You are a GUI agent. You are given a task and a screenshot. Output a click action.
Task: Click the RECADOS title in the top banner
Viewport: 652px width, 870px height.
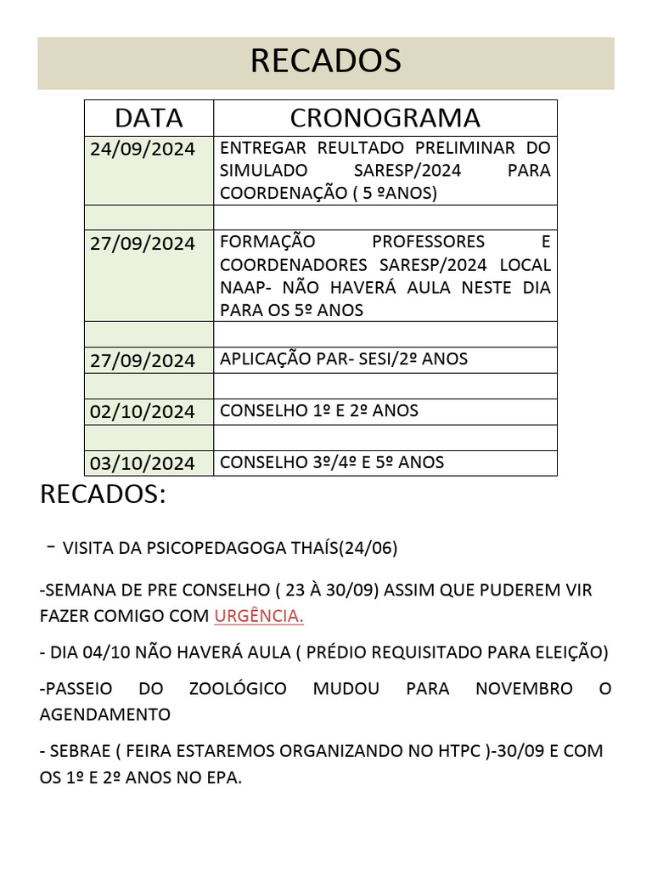(x=325, y=61)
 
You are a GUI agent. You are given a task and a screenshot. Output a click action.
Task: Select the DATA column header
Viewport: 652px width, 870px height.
(x=149, y=117)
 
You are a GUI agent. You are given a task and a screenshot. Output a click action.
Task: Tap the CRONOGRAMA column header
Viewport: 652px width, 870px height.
(x=385, y=117)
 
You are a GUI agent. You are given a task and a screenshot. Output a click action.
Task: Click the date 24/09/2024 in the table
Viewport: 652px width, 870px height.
(x=143, y=149)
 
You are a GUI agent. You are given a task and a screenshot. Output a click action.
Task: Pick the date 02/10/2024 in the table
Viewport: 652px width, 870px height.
(x=143, y=412)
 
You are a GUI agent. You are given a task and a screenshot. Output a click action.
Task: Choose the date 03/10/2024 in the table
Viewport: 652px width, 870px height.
(x=143, y=463)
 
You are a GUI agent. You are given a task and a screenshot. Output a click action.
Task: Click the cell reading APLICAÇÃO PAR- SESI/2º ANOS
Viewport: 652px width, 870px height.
(x=343, y=359)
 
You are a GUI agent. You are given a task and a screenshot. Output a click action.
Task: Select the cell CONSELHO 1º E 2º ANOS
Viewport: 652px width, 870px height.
(x=318, y=411)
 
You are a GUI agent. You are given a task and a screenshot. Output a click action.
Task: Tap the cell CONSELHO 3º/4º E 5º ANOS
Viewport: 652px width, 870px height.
(x=331, y=462)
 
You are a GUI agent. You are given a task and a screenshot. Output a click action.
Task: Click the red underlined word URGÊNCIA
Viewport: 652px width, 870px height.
(x=259, y=616)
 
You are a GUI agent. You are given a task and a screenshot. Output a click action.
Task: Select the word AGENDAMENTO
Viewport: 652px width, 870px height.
(x=105, y=715)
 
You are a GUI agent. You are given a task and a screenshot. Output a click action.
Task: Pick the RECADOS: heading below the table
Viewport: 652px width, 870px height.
(x=103, y=494)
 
